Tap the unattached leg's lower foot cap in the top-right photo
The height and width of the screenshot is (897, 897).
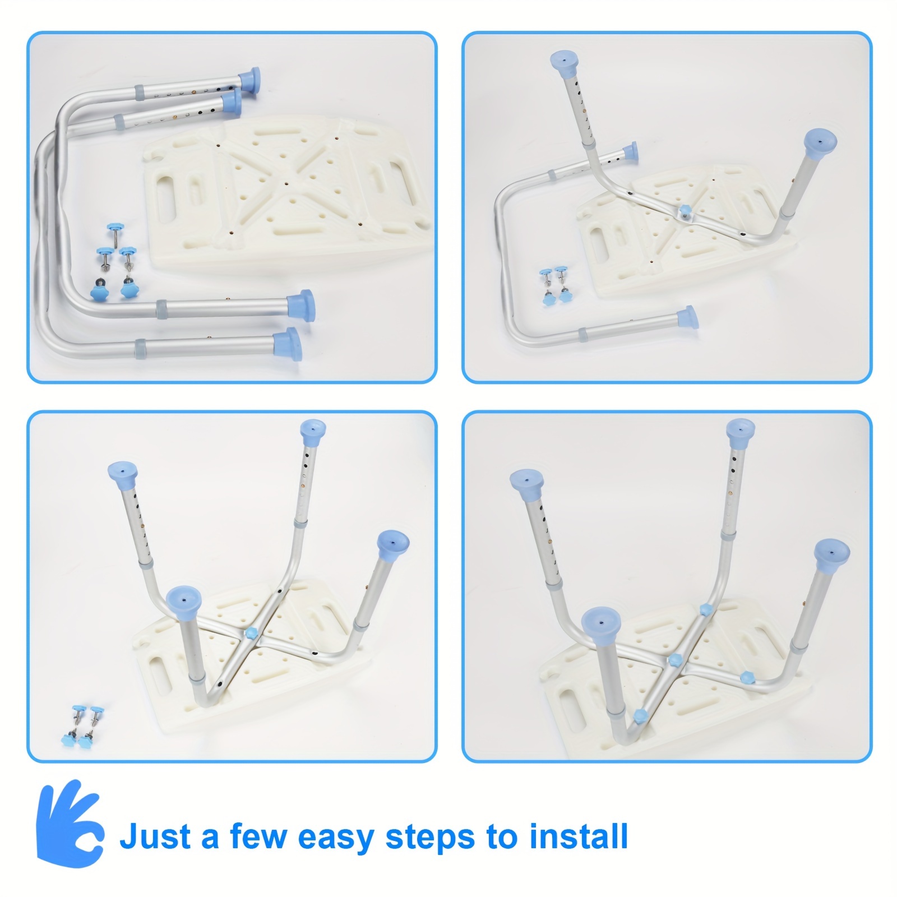click(x=687, y=318)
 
